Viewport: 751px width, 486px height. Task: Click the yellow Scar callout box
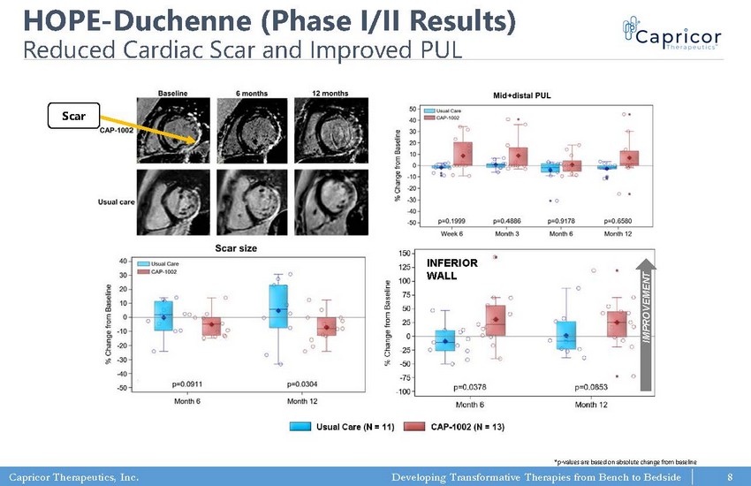coord(74,115)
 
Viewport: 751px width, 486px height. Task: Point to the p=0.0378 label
coord(470,386)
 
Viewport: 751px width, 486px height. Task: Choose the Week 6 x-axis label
coord(454,233)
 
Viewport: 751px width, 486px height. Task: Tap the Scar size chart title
coord(236,248)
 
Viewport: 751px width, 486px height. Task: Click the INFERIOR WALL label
coord(452,270)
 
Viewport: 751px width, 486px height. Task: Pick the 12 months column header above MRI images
coord(330,93)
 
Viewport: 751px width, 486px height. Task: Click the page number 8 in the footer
coord(731,477)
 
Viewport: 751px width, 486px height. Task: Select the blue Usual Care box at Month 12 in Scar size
coord(278,306)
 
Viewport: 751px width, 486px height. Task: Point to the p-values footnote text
coord(625,461)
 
